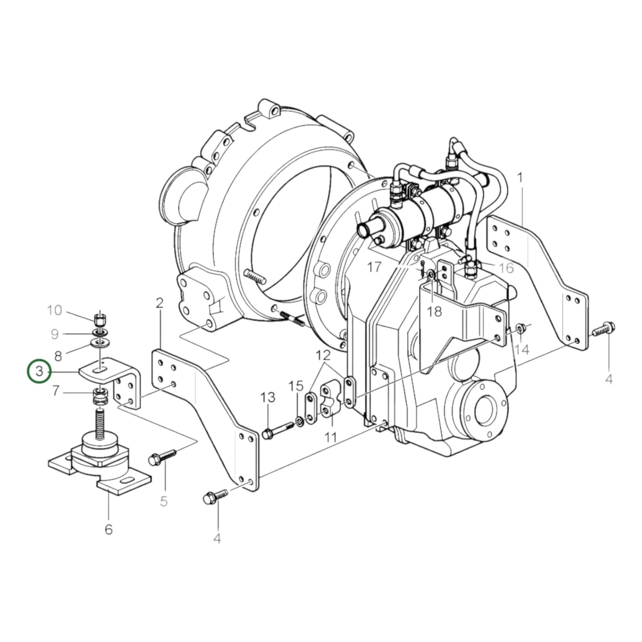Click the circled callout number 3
(40, 371)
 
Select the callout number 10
(55, 310)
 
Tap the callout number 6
(108, 529)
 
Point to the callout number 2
(160, 303)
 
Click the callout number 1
(520, 178)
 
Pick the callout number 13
(268, 397)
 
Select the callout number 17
(374, 267)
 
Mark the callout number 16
(506, 267)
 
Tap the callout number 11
(330, 437)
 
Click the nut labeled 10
(100, 319)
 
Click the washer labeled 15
(299, 421)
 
